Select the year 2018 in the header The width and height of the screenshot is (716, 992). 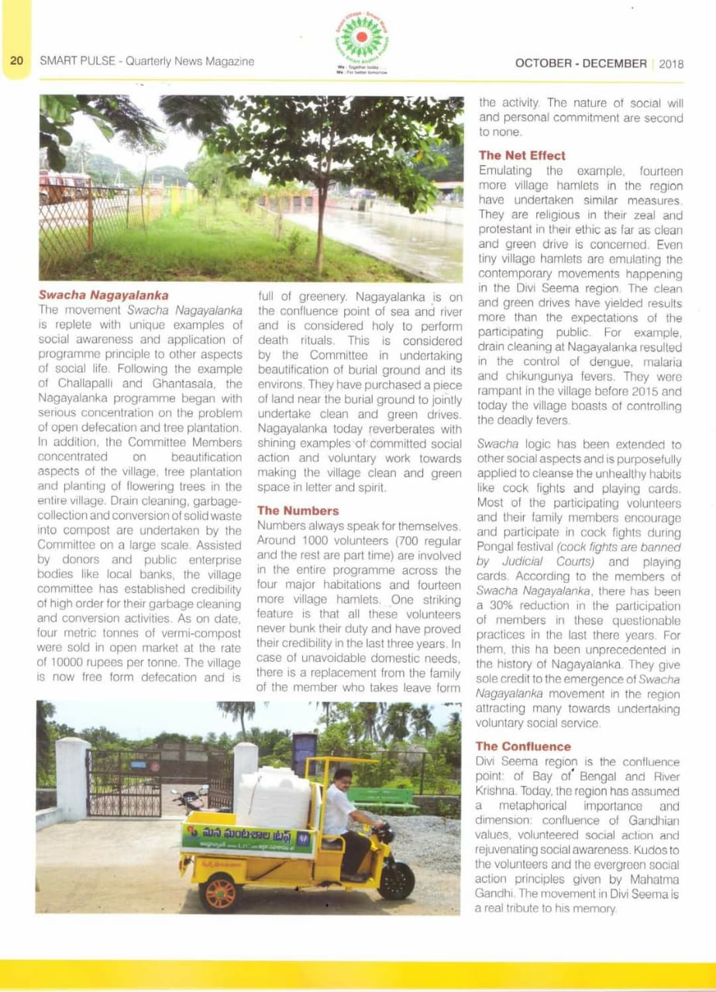[x=671, y=64]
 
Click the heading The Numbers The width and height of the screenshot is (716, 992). [x=298, y=511]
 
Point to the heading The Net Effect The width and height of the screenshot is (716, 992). [x=522, y=155]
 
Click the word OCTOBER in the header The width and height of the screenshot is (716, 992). [x=546, y=64]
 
